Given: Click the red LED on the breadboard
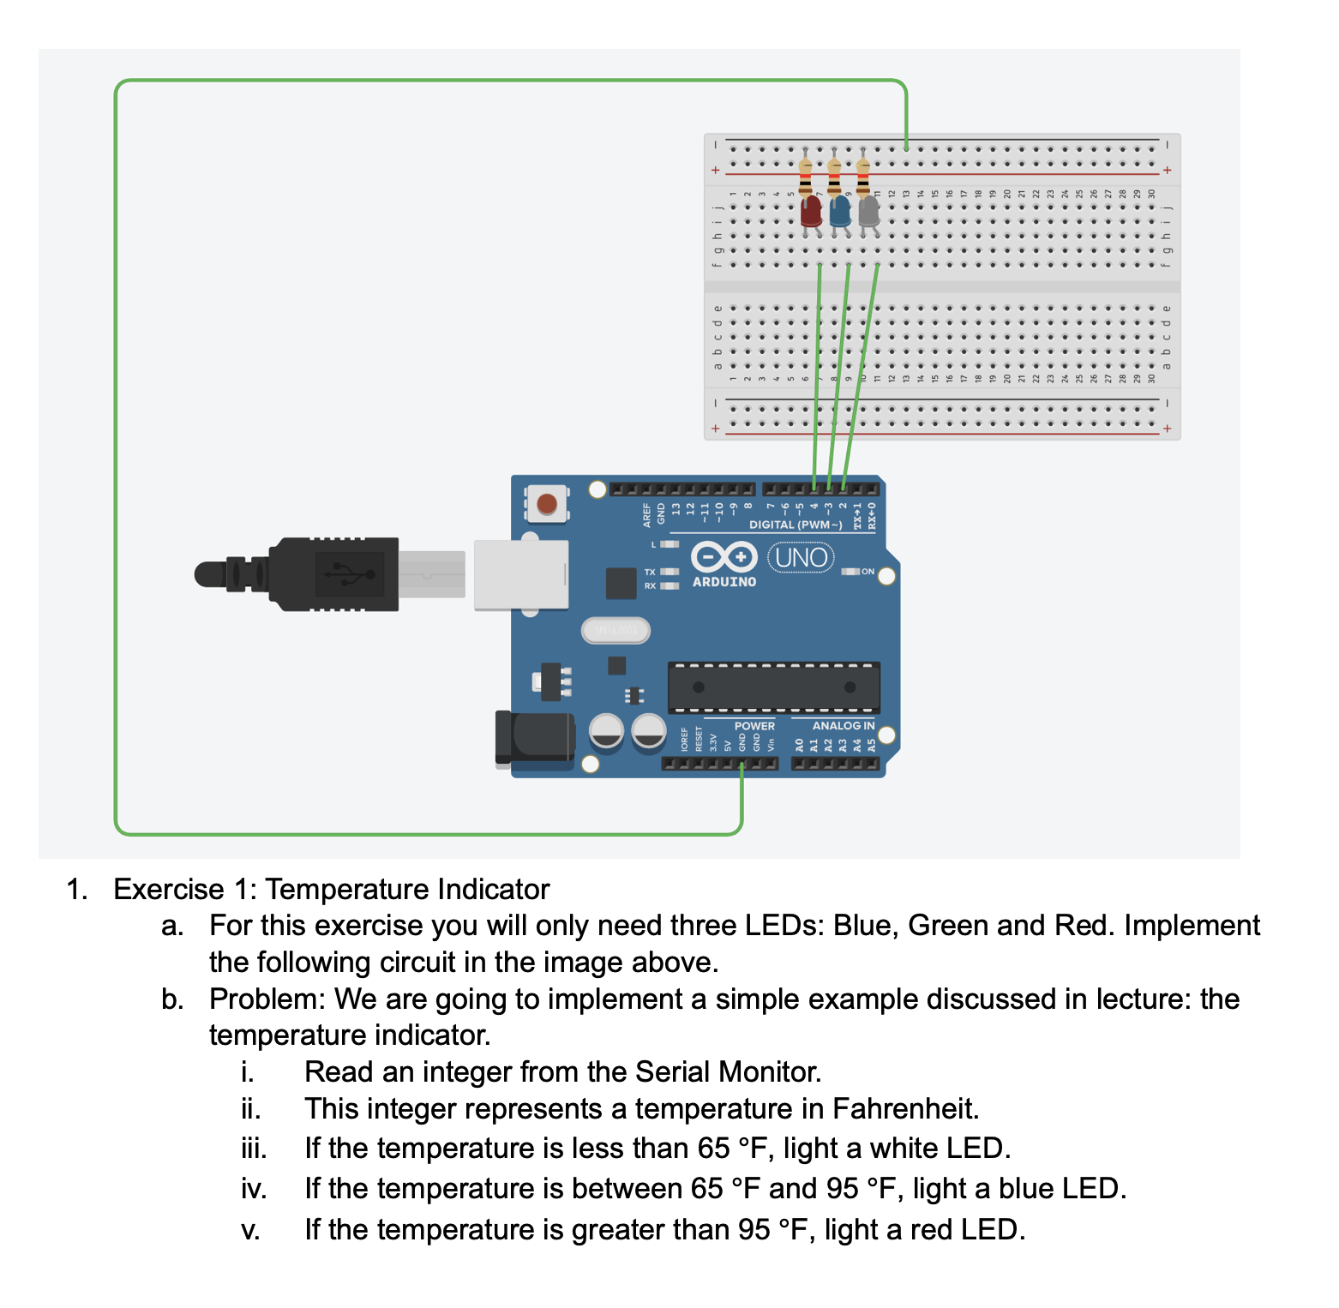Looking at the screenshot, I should [810, 211].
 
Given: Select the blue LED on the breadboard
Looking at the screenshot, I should [839, 211].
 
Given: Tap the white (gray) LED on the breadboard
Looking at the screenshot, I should [868, 211].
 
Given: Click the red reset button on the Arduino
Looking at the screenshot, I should [547, 503].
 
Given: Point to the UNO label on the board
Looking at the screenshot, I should [801, 558].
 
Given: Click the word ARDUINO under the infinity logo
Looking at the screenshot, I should [724, 582].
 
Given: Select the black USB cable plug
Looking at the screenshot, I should [334, 574].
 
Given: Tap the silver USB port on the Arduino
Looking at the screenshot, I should [520, 574].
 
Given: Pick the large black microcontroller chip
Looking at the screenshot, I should [773, 687].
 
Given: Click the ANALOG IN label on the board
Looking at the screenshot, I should [844, 725].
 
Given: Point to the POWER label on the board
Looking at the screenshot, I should [754, 725].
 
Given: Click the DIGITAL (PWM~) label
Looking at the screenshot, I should [796, 525].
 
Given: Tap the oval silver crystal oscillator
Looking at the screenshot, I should [615, 631].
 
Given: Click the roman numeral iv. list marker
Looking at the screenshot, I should [254, 1190].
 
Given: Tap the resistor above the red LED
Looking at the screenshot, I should [805, 177].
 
